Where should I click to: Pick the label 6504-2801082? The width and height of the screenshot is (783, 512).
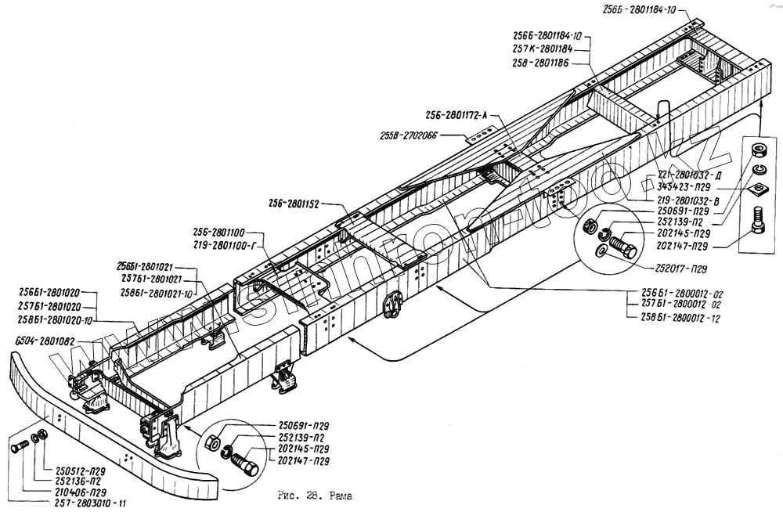click(44, 341)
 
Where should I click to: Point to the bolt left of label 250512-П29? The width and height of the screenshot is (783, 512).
click(20, 446)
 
